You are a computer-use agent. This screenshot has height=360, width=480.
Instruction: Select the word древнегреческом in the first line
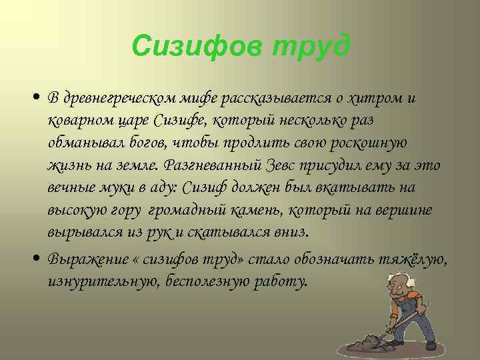120,97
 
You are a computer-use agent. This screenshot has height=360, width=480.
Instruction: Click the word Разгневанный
205,165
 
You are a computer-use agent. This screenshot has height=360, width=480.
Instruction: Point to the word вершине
407,211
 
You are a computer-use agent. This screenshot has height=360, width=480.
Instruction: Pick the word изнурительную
93,281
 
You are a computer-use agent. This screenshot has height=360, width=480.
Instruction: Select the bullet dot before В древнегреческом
41,98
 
